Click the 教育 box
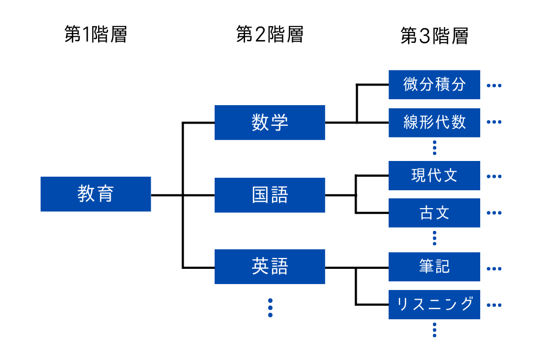(x=95, y=194)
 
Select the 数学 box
(x=269, y=123)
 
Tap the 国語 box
(x=269, y=195)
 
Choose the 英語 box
(x=269, y=267)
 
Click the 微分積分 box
(x=434, y=85)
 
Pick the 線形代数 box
(x=434, y=122)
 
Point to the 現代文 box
(x=434, y=176)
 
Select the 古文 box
(x=434, y=212)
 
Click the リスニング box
(x=434, y=304)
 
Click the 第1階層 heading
(x=95, y=35)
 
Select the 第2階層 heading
(x=269, y=35)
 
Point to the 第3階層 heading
(x=434, y=36)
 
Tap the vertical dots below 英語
(x=270, y=308)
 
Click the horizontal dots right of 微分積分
(x=494, y=86)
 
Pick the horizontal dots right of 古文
(x=494, y=213)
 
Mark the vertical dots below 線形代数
(x=435, y=147)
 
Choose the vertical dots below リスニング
(x=435, y=330)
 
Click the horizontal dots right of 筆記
(x=494, y=268)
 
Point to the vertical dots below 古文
(x=435, y=237)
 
